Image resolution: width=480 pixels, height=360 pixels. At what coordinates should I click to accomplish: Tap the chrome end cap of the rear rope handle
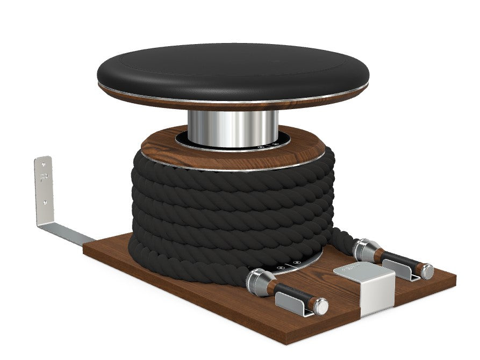[427, 271]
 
